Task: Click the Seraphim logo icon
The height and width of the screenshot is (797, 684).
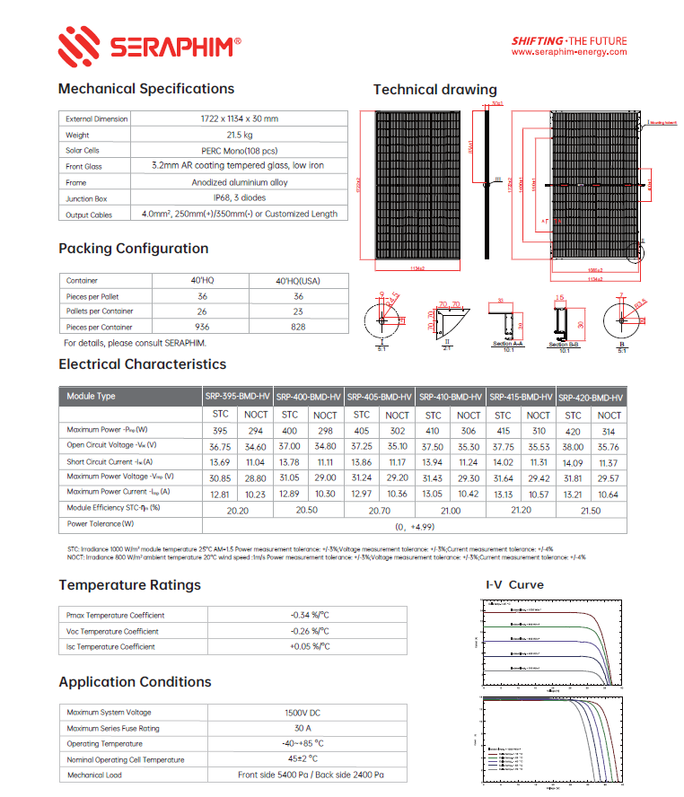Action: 78,45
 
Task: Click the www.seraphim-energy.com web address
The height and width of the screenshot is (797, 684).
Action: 568,52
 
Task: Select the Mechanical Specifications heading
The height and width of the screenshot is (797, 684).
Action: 146,89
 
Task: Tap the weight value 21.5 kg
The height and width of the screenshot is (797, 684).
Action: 240,135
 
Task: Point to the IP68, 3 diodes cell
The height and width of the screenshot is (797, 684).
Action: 240,198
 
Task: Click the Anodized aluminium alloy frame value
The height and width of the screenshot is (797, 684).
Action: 240,182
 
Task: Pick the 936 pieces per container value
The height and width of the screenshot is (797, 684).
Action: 202,328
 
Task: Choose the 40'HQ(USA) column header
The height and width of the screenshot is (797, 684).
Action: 298,281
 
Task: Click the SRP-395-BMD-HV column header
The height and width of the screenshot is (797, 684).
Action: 237,396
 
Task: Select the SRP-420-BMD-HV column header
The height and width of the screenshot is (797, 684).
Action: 591,397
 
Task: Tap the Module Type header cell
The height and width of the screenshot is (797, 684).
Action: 92,396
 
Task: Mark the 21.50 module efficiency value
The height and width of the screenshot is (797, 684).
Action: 591,509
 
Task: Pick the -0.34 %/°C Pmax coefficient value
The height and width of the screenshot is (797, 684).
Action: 310,616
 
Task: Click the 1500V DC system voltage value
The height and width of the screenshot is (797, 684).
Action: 310,713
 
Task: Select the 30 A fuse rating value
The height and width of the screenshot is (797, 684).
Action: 310,728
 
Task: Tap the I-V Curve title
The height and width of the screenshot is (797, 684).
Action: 514,585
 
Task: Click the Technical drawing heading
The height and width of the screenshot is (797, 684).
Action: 434,90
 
